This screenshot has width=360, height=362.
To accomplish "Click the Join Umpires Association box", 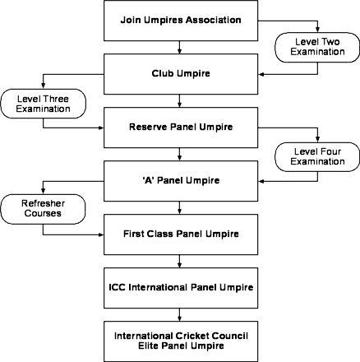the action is tap(181, 21).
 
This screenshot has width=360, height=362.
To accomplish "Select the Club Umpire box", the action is tap(181, 74).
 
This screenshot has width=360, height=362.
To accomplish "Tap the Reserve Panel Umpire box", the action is tap(181, 128).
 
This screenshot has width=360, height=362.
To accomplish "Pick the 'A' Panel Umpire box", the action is tap(181, 181).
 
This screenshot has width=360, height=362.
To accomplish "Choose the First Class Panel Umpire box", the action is tap(181, 234).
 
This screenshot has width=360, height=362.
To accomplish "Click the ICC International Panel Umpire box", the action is tap(181, 288).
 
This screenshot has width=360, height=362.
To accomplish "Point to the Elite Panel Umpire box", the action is tap(181, 341).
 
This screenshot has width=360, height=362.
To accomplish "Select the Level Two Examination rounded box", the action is tap(317, 48).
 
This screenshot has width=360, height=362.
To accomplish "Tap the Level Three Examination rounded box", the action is tap(43, 104).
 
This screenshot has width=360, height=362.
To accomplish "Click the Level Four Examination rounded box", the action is tap(317, 157).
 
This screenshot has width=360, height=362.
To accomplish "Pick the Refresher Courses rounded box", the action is tap(43, 209).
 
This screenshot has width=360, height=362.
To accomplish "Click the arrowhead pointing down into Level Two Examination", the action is tap(317, 30).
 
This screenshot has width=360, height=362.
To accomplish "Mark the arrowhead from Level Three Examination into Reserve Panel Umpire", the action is tap(101, 128).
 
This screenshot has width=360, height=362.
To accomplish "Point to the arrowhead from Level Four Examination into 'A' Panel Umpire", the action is tap(261, 181).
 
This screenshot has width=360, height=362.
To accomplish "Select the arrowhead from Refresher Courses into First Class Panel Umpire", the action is tap(101, 234).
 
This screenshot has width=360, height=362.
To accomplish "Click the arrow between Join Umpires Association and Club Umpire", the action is tap(179, 47).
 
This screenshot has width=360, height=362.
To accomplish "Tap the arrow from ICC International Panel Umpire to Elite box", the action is tap(179, 314).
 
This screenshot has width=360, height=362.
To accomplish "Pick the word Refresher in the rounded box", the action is tap(43, 203).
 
